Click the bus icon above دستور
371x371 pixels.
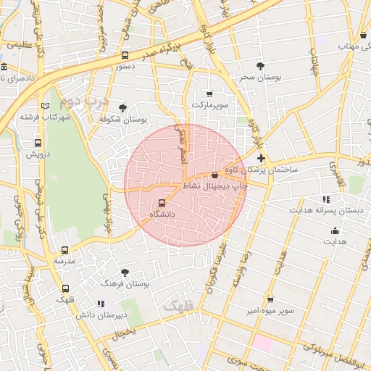click(125, 55)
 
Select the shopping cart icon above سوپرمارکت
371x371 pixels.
click(209, 94)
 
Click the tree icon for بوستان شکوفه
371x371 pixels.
click(122, 108)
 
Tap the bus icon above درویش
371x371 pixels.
click(38, 143)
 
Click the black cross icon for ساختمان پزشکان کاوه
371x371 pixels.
click(261, 158)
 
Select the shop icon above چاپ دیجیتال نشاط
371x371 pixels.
click(214, 175)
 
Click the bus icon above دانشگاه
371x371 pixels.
click(161, 204)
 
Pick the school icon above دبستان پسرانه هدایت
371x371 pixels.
click(325, 199)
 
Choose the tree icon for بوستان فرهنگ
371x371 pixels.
click(125, 273)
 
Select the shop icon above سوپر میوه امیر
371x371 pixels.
click(270, 299)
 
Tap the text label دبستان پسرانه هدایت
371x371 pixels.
click(325, 210)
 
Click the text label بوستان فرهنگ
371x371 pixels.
click(126, 285)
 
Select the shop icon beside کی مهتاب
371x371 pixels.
click(363, 36)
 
